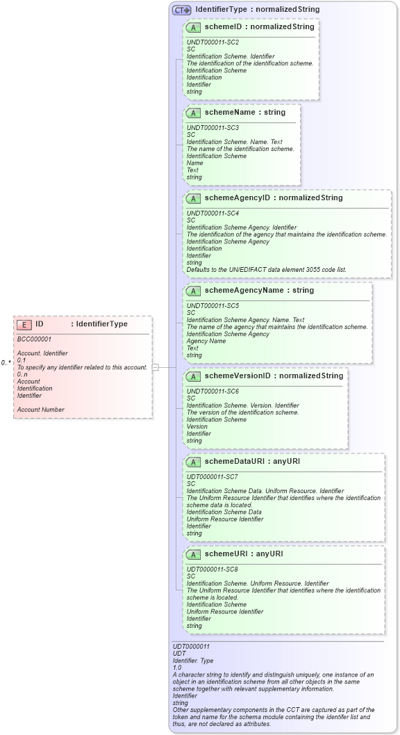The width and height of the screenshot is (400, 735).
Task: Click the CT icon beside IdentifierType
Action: (182, 10)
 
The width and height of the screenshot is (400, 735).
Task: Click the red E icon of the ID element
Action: (24, 324)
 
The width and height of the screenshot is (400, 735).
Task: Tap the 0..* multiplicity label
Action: (6, 362)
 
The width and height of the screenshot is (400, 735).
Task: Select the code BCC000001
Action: (34, 339)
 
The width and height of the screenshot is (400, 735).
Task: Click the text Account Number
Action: (40, 410)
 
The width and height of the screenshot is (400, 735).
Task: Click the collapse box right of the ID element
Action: (156, 367)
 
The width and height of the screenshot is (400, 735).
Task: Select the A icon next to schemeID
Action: (194, 28)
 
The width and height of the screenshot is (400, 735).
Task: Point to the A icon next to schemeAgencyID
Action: (194, 198)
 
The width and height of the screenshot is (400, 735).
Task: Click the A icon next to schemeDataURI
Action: (194, 462)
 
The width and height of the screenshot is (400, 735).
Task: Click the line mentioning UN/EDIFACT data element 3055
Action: (266, 270)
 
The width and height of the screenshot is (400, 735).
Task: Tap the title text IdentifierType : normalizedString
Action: (257, 10)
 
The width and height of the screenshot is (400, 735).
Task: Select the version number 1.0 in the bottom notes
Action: (177, 668)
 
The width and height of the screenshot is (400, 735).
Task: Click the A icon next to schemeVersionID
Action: (194, 376)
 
